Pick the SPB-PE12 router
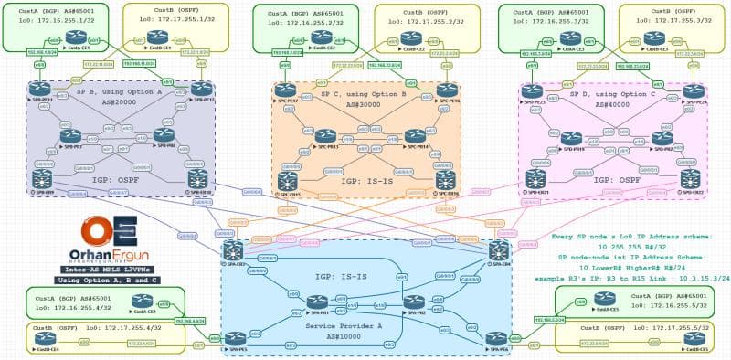(199, 88)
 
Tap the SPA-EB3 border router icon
(232, 248)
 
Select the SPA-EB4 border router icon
(499, 247)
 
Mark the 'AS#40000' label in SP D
(618, 103)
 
